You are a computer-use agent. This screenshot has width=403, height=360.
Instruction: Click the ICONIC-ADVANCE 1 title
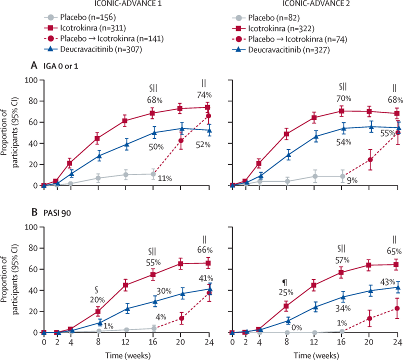pos(128,3)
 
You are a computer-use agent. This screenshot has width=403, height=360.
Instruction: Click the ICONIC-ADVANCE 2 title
pos(316,3)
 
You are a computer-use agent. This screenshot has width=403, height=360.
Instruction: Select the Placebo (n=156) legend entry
pos(80,17)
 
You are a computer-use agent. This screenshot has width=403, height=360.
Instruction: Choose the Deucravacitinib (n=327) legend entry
pos(281,49)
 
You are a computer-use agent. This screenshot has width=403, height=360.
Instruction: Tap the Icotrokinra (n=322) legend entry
pos(273,28)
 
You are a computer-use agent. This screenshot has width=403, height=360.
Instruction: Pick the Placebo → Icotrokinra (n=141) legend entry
pos(104,38)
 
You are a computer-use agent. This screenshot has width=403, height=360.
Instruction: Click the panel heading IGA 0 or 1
pos(61,66)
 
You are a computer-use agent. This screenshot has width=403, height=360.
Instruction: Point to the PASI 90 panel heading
pos(57,213)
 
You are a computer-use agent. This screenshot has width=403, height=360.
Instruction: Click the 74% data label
pos(204,95)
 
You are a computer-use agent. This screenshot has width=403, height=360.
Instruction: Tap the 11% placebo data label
pos(164,178)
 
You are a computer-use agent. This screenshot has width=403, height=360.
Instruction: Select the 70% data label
pos(343,98)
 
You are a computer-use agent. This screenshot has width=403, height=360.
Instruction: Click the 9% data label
pos(352,180)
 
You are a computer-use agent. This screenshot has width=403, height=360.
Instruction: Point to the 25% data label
pos(286,292)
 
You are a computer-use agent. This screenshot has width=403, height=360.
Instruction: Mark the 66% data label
pos(205,250)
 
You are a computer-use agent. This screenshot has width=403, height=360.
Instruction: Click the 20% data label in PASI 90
pos(97,299)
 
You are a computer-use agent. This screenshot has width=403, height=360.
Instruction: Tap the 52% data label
pos(203,144)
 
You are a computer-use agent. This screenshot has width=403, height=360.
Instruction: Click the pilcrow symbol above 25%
pos(284,283)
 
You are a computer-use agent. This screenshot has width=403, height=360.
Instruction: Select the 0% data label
pos(296,327)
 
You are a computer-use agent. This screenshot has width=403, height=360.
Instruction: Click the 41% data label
pos(205,278)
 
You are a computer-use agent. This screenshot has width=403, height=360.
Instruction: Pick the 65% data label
pos(394,251)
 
